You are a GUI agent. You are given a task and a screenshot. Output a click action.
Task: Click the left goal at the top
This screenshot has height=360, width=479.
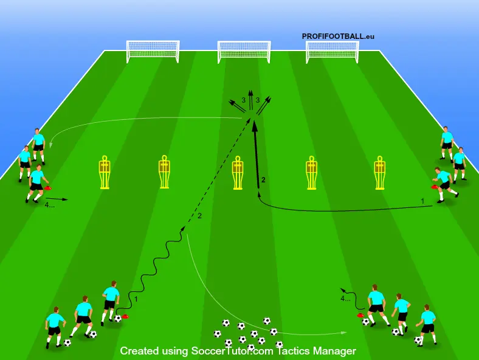click(153, 51)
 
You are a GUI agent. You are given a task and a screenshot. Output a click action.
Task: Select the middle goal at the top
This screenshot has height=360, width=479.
click(244, 52)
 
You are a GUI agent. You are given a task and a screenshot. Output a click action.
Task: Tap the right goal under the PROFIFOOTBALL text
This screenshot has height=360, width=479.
click(333, 51)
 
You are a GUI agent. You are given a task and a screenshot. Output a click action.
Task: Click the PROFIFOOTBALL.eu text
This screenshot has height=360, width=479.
click(338, 36)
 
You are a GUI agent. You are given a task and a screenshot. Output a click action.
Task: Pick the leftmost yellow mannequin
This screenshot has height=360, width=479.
click(105, 173)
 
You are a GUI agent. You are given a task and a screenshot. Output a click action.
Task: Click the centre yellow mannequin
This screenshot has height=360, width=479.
click(238, 173)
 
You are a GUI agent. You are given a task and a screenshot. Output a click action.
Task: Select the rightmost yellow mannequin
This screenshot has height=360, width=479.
click(379, 173)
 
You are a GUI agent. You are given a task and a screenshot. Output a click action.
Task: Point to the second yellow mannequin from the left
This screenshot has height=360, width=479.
click(164, 173)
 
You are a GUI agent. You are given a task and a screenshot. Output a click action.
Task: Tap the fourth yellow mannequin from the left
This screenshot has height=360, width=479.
click(312, 173)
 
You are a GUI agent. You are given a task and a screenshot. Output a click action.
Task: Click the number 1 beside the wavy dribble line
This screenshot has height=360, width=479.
click(136, 299)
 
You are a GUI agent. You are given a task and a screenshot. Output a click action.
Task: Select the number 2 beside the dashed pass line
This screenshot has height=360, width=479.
click(199, 216)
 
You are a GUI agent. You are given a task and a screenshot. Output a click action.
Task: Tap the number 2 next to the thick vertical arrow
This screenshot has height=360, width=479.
click(263, 179)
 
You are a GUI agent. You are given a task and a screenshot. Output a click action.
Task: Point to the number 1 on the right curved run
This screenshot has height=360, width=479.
click(422, 200)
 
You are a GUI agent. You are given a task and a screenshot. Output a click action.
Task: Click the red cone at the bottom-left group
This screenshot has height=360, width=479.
click(125, 316)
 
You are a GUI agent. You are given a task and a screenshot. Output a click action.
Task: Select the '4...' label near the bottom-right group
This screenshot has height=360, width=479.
click(345, 299)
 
